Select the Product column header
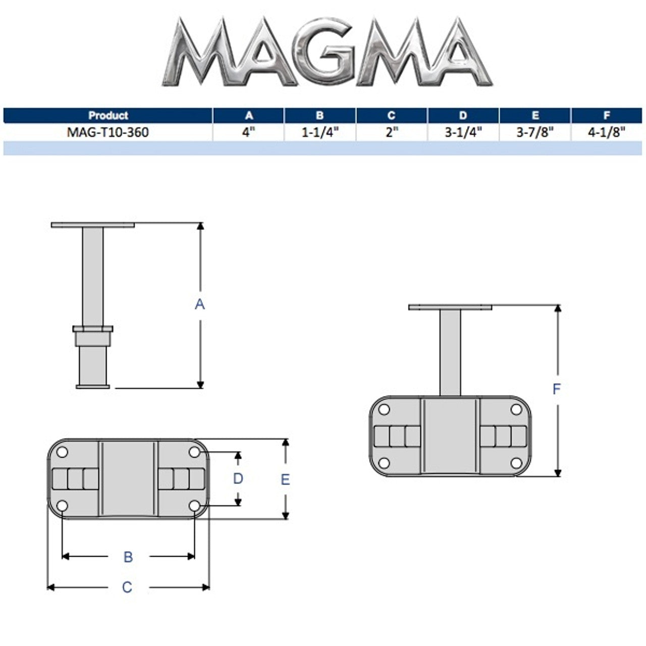tap(108, 116)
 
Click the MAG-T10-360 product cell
tap(108, 132)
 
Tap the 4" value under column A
tap(249, 132)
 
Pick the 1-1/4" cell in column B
tap(320, 132)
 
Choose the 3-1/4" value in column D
tap(463, 132)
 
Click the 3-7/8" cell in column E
tap(535, 132)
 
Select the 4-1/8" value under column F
tap(607, 132)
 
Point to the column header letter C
tap(392, 116)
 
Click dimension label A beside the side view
tap(200, 304)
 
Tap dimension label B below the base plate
tap(128, 557)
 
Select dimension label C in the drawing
tap(127, 587)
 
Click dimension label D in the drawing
tap(238, 478)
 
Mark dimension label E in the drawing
tap(285, 479)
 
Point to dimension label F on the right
tap(557, 389)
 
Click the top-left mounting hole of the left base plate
tap(62, 453)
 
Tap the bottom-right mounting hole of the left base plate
tap(194, 505)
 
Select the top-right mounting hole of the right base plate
tap(516, 409)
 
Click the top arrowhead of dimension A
tap(200, 227)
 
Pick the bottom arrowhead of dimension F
tap(558, 472)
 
